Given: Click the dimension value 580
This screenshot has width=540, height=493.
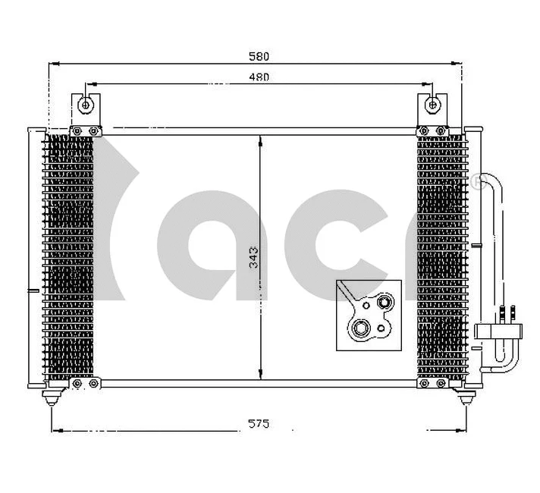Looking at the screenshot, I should [x=259, y=56].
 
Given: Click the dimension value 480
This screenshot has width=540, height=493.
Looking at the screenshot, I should [x=259, y=77].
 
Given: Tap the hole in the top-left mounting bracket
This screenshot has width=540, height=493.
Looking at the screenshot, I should [x=87, y=105].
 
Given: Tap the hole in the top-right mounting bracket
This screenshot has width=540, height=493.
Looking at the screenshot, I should [x=432, y=105].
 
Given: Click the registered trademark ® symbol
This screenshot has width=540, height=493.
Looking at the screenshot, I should [x=476, y=182].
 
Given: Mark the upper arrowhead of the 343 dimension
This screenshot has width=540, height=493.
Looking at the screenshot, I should [x=260, y=140].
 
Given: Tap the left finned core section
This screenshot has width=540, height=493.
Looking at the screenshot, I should [x=70, y=258].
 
